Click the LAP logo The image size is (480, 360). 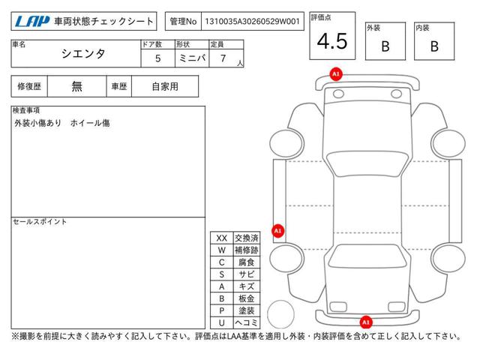pos(32,21)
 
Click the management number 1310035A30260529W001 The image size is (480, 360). pos(252,21)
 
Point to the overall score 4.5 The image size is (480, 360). pos(332,41)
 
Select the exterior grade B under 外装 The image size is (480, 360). pos(385,46)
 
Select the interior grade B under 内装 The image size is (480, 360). pos(434,46)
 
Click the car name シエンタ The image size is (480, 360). pos(83,54)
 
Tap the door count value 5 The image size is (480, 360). pos(158,58)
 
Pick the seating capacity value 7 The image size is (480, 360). pos(223,58)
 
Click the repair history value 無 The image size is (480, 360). pos(76,87)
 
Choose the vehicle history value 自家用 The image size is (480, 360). pos(165,87)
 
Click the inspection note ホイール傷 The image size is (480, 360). pos(90,123)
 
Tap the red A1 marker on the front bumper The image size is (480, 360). pos(336,74)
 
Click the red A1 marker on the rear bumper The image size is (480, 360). pos(366,322)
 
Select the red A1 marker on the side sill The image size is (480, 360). pos(278,230)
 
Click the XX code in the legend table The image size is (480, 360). pos(222,238)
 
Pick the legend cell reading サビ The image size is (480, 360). pos(247,274)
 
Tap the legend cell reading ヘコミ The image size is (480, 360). pos(247,322)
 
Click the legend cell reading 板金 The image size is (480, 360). pos(247,298)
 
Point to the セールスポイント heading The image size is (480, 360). pos(40,222)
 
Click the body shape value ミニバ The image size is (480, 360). pos(192,58)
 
